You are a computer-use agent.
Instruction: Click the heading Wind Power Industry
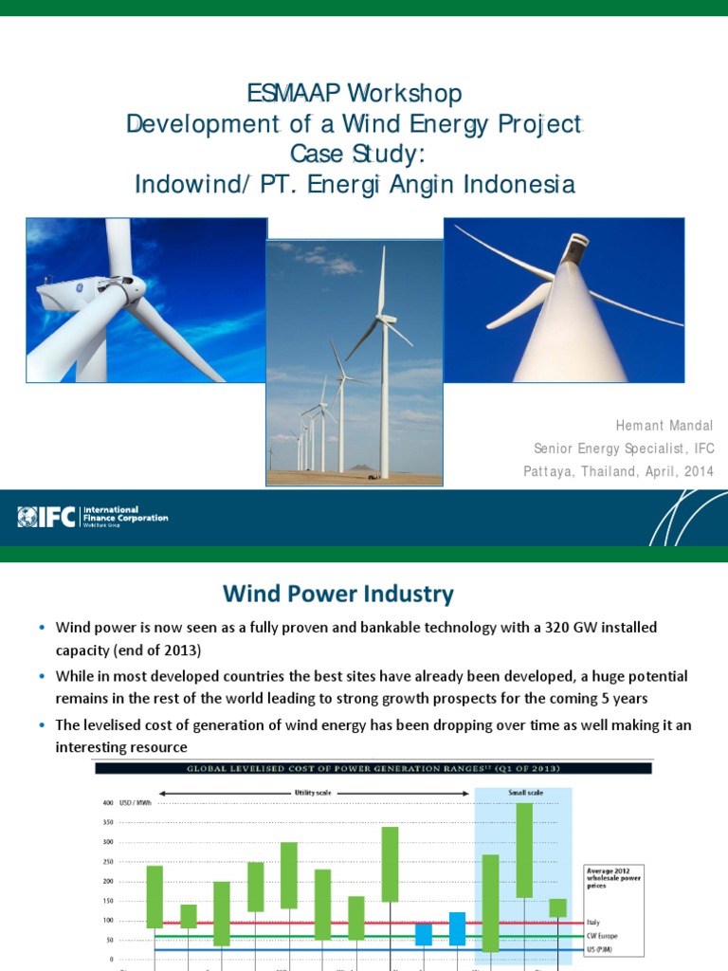tap(338, 595)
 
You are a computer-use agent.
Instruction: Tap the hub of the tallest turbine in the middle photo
tap(384, 318)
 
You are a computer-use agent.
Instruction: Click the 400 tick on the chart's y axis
tap(107, 803)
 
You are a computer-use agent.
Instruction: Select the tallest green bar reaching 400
tap(524, 850)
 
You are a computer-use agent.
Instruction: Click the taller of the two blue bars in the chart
tap(457, 928)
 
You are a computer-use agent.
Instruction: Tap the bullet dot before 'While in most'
tap(42, 676)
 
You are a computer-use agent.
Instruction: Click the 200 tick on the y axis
tap(107, 881)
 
